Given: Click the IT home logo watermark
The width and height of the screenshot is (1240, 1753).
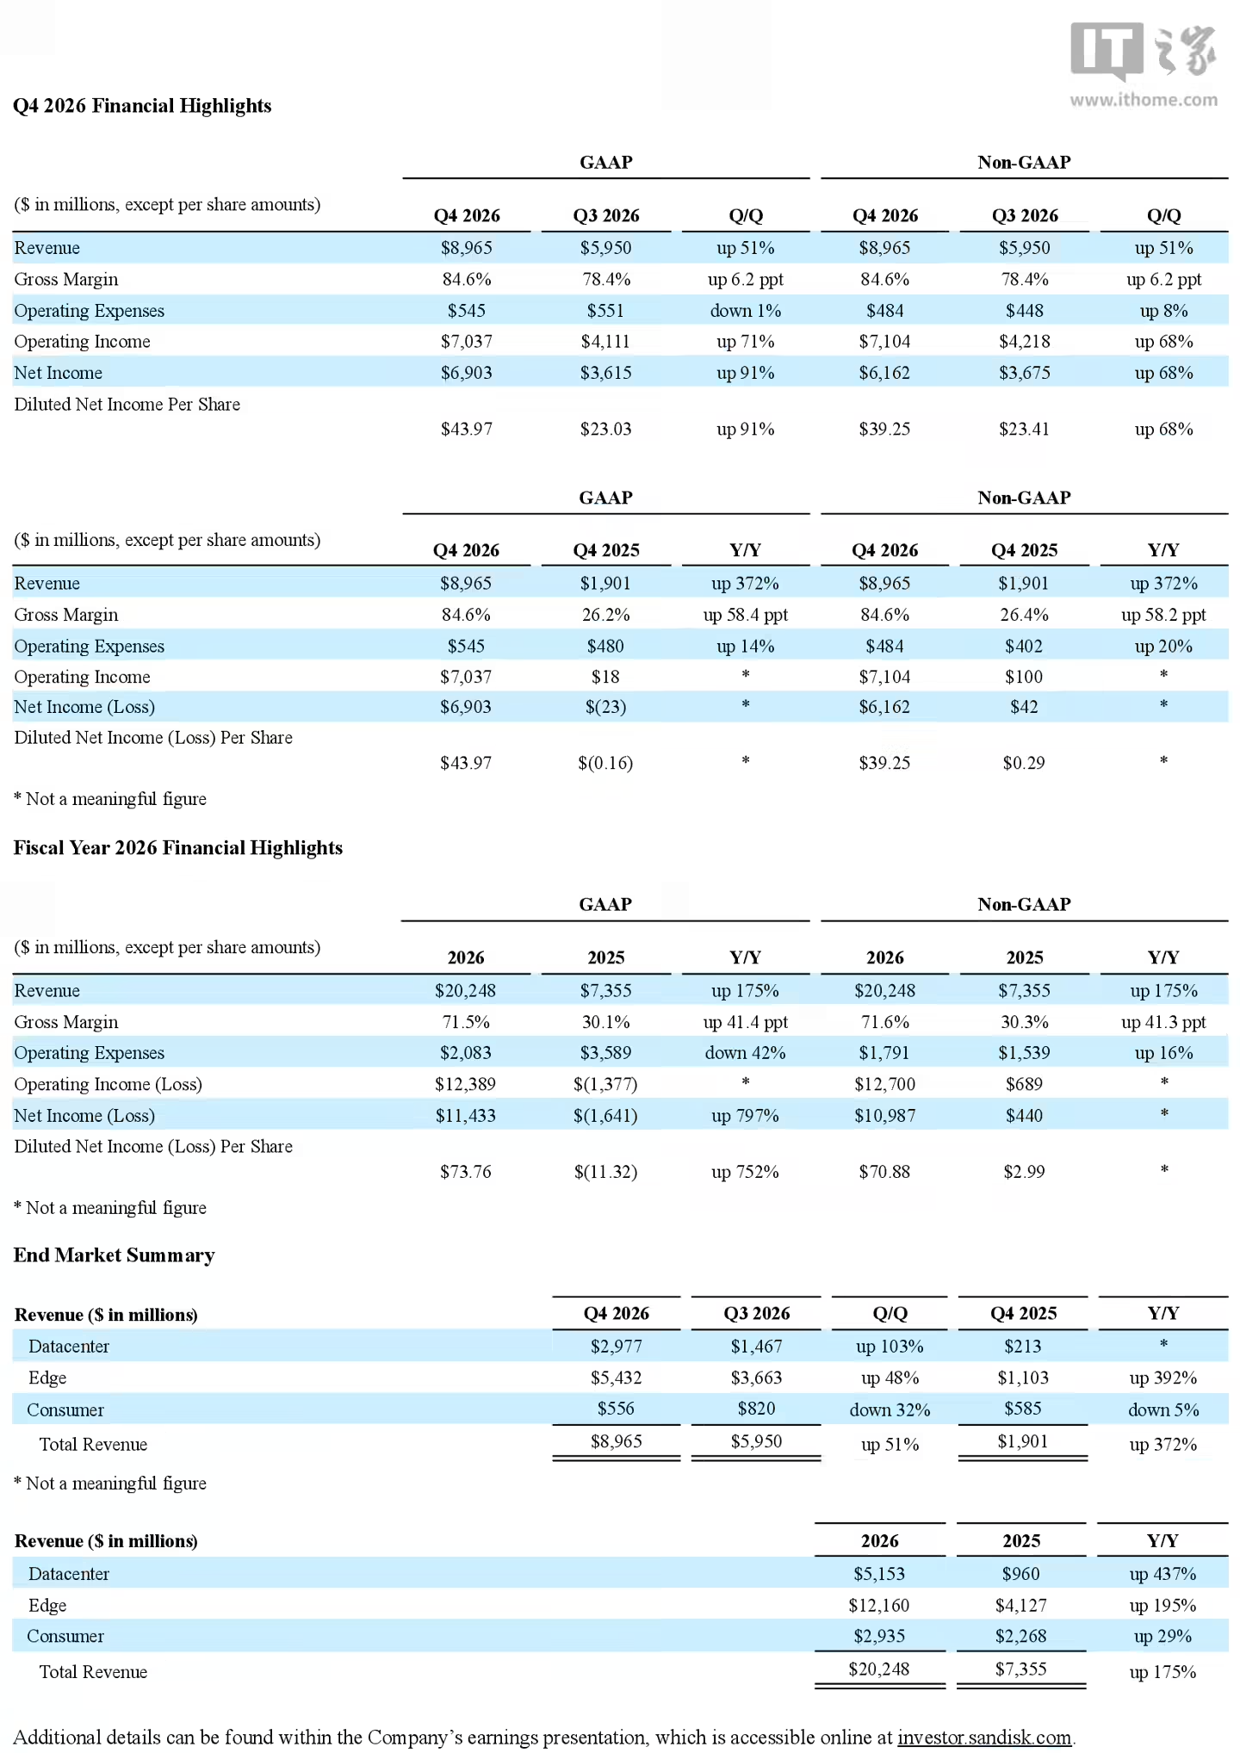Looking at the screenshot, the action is coord(1144,52).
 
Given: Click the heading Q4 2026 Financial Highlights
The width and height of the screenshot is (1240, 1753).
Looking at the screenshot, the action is coord(142,106).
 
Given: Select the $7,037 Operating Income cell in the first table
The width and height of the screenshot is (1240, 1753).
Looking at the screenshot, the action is coord(467,342).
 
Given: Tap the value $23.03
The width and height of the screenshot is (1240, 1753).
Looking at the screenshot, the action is coord(605,429).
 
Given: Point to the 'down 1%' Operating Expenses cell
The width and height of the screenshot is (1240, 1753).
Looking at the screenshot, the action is coord(746,311).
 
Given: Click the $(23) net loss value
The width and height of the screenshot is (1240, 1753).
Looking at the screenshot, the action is coord(605,707).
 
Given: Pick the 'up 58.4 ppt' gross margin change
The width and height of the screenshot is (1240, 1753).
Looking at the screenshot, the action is coord(746,615).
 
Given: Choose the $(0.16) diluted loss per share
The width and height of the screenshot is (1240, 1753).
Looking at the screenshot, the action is coord(605,763).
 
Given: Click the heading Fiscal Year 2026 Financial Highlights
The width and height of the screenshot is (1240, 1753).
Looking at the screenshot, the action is coord(177,848).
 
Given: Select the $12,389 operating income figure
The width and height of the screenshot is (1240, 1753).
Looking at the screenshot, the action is coord(466,1084).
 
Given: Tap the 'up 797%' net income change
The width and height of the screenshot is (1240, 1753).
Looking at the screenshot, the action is coord(745,1116).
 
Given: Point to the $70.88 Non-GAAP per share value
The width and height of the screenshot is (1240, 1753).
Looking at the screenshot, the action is coord(884,1172).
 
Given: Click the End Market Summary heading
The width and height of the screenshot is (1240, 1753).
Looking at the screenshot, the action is coord(114,1255).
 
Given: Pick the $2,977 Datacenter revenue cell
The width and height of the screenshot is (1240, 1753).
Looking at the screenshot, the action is coord(617,1347).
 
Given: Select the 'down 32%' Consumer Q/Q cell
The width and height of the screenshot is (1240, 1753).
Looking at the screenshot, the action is coord(890,1410).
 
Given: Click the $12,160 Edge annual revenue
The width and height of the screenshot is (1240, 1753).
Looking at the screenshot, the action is coord(879,1606).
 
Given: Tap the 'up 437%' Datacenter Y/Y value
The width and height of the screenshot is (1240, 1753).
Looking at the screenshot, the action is coord(1163,1574).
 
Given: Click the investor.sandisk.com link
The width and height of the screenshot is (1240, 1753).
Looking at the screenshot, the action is coord(984,1738).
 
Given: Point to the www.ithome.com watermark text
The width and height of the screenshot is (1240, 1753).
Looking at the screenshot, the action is coord(1144,100).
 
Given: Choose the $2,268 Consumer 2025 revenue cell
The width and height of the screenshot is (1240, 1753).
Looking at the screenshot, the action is coord(1021,1636).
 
